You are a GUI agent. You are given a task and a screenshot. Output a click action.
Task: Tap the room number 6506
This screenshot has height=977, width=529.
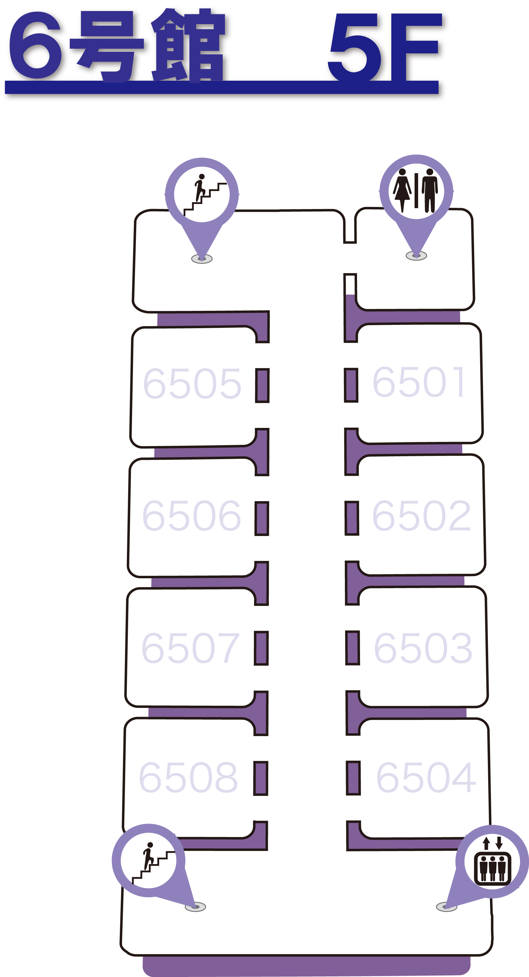click(x=191, y=516)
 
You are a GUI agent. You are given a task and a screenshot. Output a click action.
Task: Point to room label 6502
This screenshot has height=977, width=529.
click(x=421, y=516)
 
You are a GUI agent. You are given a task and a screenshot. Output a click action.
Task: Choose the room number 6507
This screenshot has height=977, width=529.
click(x=190, y=648)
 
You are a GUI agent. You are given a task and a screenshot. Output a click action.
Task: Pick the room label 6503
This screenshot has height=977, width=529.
click(x=423, y=648)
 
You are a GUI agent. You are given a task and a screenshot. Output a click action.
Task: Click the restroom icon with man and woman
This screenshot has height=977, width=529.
click(x=416, y=191)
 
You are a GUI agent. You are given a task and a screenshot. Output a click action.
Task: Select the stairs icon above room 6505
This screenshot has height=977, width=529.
click(x=202, y=194)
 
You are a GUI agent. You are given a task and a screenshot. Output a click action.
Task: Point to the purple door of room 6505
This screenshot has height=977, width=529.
click(x=262, y=385)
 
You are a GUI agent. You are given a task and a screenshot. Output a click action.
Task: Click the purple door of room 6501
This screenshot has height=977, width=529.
click(x=351, y=385)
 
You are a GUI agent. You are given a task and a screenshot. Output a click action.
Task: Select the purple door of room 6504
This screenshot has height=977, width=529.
click(x=353, y=778)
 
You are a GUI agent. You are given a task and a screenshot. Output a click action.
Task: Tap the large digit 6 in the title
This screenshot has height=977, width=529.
click(x=36, y=46)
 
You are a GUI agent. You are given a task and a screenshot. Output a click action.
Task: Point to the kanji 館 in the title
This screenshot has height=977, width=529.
click(x=190, y=46)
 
